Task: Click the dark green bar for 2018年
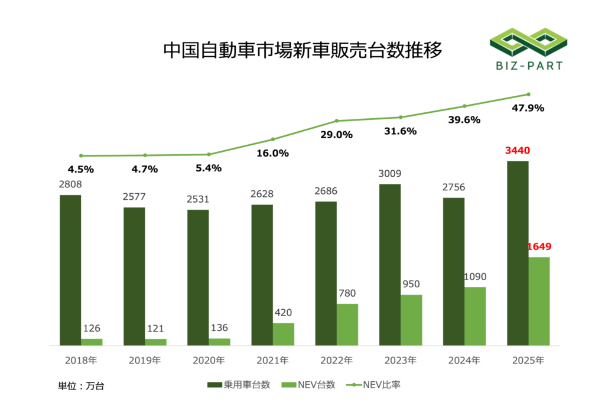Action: (70, 270)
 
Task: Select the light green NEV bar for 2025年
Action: (539, 301)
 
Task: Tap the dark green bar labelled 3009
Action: (390, 265)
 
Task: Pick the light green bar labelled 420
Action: (284, 334)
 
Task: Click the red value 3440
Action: (518, 151)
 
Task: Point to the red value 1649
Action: (539, 246)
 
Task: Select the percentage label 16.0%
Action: (273, 153)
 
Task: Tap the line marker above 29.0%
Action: (337, 121)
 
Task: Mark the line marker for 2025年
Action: (528, 94)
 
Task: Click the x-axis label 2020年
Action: (209, 360)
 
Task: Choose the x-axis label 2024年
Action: (464, 360)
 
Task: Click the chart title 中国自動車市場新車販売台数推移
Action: (302, 51)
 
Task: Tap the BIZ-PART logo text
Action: (526, 66)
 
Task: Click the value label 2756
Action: (453, 187)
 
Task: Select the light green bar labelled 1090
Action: (475, 316)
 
